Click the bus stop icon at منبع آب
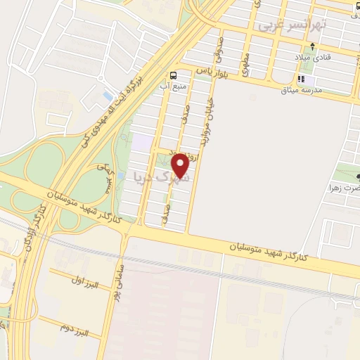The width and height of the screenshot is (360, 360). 173,75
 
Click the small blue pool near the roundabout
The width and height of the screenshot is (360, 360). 106,94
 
